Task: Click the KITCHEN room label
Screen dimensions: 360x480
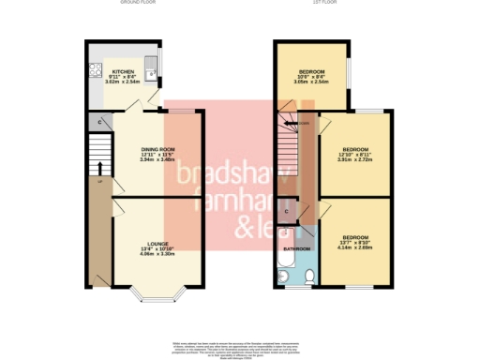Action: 122,71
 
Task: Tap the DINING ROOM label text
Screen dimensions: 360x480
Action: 157,150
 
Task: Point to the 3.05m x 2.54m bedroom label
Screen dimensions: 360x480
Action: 311,82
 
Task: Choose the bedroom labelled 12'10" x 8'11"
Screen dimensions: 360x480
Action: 354,150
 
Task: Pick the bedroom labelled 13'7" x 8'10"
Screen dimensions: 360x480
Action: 354,238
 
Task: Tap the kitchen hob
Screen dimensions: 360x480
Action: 94,69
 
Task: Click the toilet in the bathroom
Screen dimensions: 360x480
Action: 311,275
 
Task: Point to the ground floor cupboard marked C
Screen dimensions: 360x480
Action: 100,122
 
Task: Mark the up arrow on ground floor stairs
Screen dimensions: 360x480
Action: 98,169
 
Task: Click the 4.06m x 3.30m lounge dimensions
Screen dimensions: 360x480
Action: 157,253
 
